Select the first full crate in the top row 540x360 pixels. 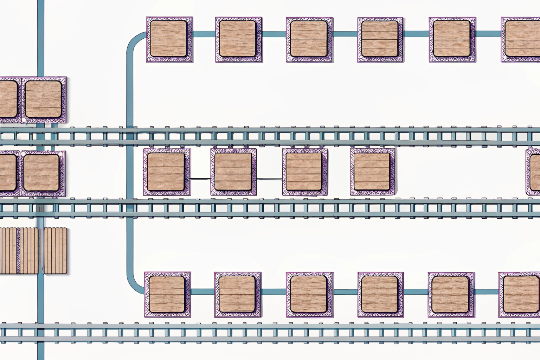tap(169, 39)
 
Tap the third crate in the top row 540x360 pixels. tap(309, 39)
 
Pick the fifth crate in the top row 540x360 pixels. tap(452, 39)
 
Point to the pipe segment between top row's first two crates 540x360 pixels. tap(204, 34)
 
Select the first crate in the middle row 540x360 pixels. tap(167, 172)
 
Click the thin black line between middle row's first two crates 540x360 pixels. tap(200, 179)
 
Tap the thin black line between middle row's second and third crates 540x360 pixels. tap(269, 179)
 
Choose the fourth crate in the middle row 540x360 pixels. tap(372, 172)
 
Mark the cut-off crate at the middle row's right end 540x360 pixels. tap(533, 172)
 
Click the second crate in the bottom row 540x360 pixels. tap(237, 295)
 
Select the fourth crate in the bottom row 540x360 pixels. tap(380, 295)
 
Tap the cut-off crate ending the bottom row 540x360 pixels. tap(520, 295)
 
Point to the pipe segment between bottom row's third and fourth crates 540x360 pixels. tap(345, 292)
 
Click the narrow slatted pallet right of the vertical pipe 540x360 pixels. tap(55, 250)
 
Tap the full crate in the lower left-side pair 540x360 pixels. tap(42, 173)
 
